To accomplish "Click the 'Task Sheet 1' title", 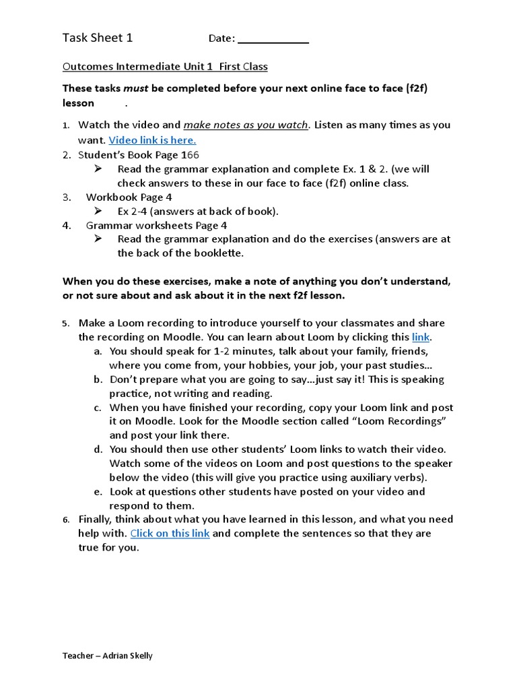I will (98, 38).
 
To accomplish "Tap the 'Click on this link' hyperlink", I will (170, 534).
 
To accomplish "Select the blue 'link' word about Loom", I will (421, 337).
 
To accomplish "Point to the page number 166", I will (190, 155).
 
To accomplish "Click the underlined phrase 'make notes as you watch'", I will (245, 125).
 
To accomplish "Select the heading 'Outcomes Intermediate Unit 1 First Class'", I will (165, 67).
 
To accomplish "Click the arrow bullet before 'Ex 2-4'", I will (98, 211).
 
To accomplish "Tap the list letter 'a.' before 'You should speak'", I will (98, 352).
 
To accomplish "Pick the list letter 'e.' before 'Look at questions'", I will (98, 492).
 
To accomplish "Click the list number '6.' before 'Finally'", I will (67, 520).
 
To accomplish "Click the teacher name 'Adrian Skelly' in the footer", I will (128, 656).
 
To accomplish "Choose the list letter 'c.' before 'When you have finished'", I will (98, 408).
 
